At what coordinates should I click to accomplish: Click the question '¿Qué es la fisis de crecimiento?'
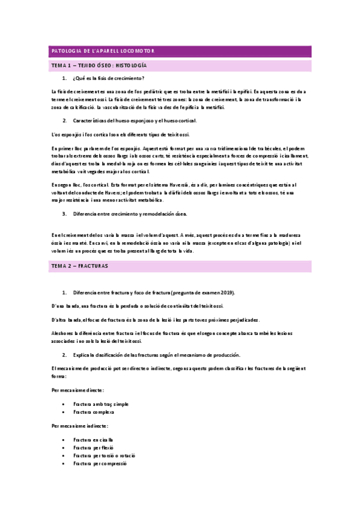coord(109,79)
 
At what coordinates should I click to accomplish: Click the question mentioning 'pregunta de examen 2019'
coord(154,292)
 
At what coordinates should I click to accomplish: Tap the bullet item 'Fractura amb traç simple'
coord(101,404)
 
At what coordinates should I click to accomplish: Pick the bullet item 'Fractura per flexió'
coord(94,448)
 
